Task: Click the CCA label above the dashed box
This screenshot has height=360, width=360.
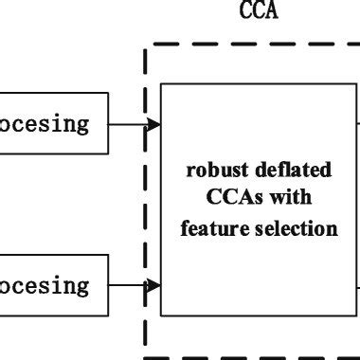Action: pos(260,11)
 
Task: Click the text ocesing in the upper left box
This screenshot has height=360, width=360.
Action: pos(45,123)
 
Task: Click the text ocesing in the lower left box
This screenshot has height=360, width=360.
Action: pos(45,285)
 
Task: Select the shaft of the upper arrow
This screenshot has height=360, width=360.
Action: pos(128,123)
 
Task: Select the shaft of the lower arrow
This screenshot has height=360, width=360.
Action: pos(128,285)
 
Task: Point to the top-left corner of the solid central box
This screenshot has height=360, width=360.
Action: pos(161,83)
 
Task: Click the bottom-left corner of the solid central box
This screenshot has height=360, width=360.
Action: pos(161,315)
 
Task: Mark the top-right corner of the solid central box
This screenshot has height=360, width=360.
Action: pos(357,83)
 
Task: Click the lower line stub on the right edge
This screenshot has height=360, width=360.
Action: pos(358,285)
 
